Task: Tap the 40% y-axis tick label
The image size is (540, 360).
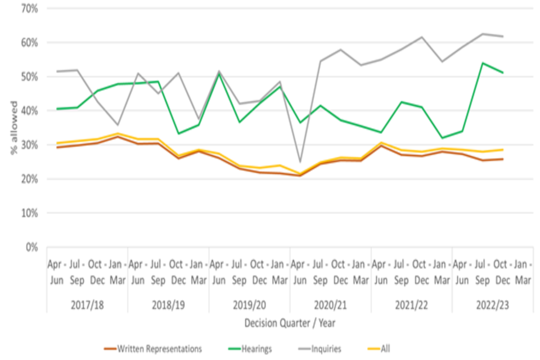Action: [x=29, y=111]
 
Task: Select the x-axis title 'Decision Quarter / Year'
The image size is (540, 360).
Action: [x=289, y=323]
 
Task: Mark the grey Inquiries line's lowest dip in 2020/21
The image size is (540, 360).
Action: [x=300, y=162]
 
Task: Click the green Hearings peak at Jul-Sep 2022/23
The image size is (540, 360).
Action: [x=483, y=63]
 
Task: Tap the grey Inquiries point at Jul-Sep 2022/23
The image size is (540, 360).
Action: [x=483, y=34]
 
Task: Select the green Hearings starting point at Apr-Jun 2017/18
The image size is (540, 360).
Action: [x=57, y=109]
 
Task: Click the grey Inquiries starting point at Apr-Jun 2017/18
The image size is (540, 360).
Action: [x=57, y=71]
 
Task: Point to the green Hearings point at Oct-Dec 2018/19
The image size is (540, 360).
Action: [x=178, y=133]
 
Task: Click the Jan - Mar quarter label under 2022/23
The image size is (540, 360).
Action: [x=523, y=271]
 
